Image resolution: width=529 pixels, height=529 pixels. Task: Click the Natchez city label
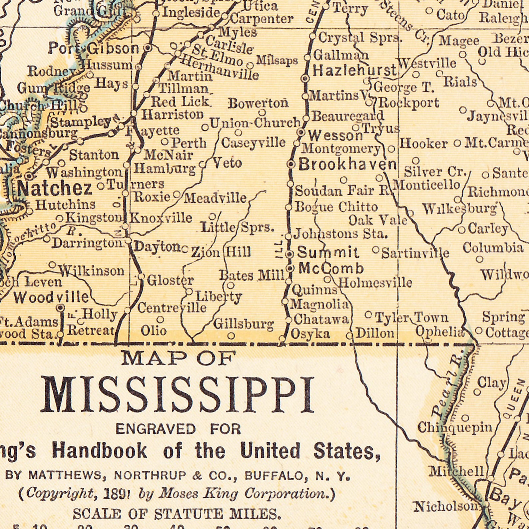tap(55, 189)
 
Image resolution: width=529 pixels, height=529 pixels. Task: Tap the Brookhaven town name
tap(347, 164)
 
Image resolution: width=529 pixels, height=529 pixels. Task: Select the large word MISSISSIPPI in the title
tap(177, 395)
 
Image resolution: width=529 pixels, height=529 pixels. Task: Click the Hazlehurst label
tap(355, 70)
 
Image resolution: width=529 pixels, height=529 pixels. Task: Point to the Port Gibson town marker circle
tap(149, 48)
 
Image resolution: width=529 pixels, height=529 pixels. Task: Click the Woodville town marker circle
tap(60, 307)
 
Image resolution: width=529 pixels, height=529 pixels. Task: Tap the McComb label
tap(331, 268)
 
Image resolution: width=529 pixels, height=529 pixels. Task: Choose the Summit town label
tap(328, 252)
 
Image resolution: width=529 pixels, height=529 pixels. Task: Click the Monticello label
tap(427, 185)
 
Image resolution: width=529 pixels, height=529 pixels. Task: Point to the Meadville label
tap(215, 198)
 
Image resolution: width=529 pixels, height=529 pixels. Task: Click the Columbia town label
tap(493, 248)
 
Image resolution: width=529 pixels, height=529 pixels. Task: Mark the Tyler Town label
tap(412, 317)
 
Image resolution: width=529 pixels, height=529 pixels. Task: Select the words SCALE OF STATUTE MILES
tap(177, 513)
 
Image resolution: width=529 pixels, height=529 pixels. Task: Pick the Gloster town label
tap(170, 280)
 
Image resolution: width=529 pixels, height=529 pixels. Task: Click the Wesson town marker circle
tap(301, 132)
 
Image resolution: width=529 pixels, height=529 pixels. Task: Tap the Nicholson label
tap(446, 507)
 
